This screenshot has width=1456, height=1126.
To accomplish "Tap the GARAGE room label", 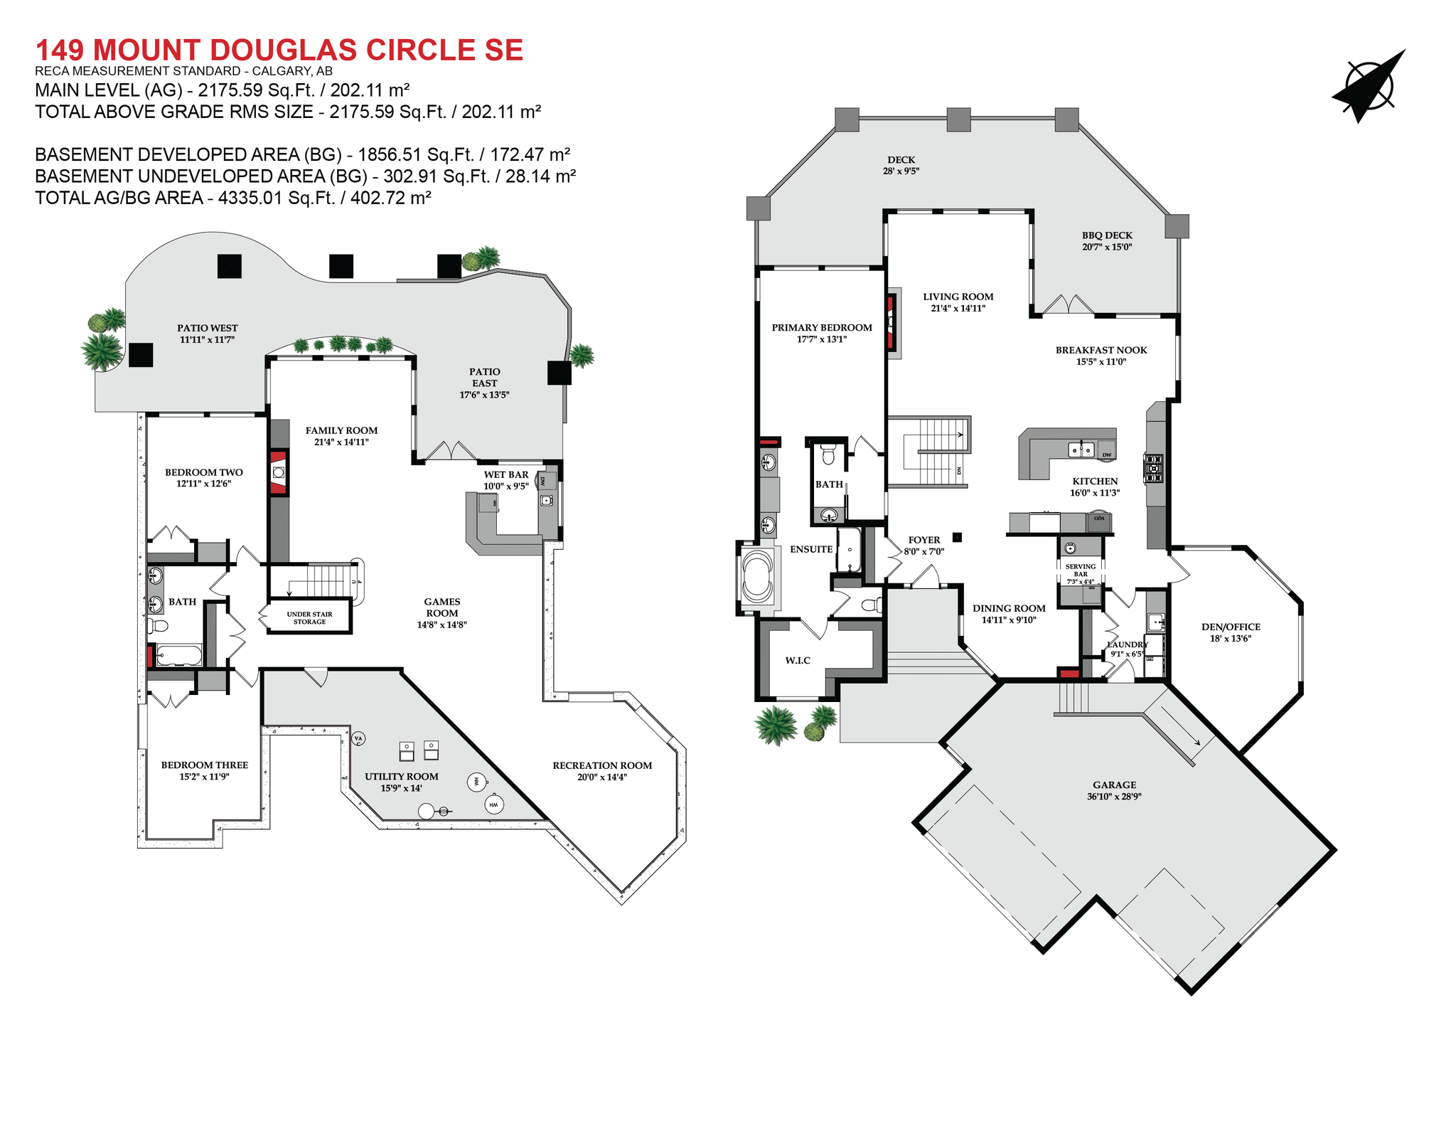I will point(1114,785).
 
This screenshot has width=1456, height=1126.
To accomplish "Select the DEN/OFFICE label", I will point(1231,627).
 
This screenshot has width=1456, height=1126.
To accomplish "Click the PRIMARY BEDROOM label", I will point(822,328).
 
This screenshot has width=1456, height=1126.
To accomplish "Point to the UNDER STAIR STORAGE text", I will point(309,617).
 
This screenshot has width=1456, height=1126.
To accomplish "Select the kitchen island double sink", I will point(1081,449).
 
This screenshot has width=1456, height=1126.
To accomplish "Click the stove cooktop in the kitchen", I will point(1153,469).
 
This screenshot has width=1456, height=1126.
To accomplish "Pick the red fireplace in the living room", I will point(890,323).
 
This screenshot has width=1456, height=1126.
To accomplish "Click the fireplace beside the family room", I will point(279,472).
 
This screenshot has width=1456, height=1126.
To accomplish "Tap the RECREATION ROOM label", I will point(602,765).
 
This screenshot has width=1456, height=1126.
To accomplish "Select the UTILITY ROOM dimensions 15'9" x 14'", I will point(401,788).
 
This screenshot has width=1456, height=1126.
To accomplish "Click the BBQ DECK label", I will point(1107,235).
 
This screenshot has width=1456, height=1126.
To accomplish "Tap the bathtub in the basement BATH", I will point(178,654).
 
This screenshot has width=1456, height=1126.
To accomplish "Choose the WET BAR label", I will point(506,474).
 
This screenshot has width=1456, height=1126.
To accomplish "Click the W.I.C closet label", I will point(798,660).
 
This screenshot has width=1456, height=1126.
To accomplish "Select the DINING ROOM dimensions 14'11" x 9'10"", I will point(1009,620).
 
